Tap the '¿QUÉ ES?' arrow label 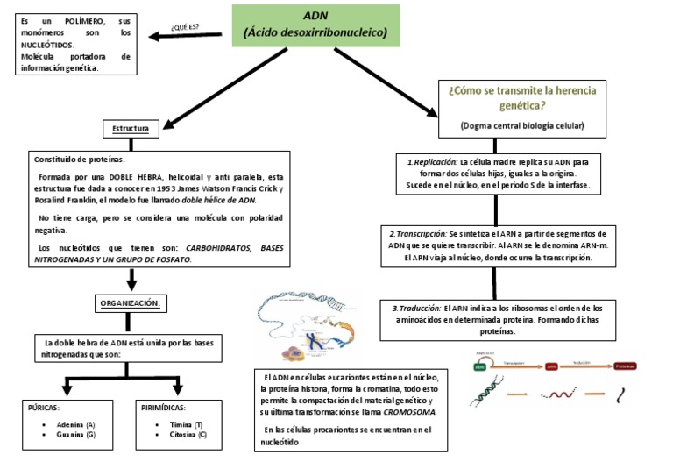184,26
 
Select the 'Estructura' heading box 131,129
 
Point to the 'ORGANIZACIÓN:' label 131,302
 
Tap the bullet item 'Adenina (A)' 76,423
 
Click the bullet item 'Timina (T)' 186,423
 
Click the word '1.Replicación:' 432,162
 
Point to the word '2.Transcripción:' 417,235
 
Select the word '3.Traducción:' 417,309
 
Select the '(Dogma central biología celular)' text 522,126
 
